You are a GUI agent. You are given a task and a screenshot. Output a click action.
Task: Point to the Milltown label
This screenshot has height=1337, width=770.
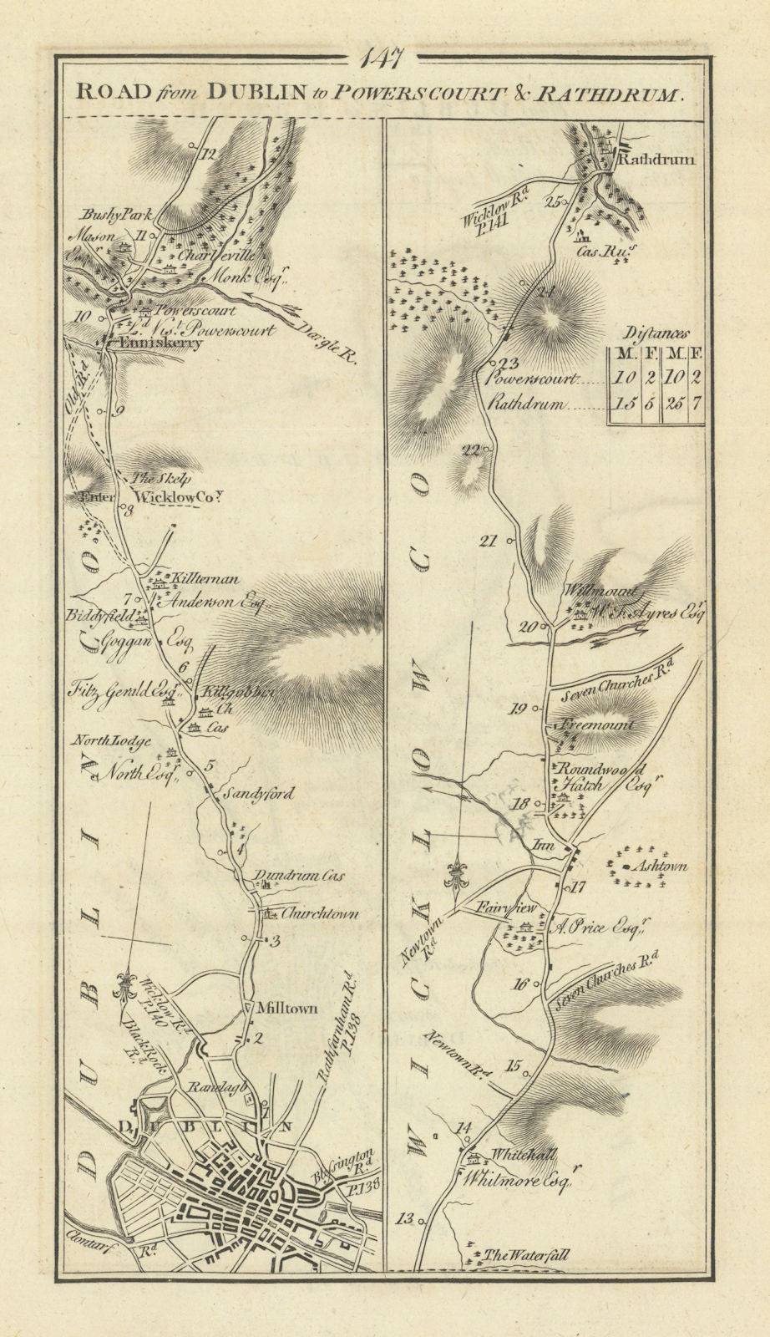pos(291,1009)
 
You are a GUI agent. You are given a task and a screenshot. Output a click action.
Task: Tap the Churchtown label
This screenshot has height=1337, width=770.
pos(320,913)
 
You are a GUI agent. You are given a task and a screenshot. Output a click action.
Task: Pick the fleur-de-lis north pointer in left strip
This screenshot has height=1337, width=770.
pos(127,981)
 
